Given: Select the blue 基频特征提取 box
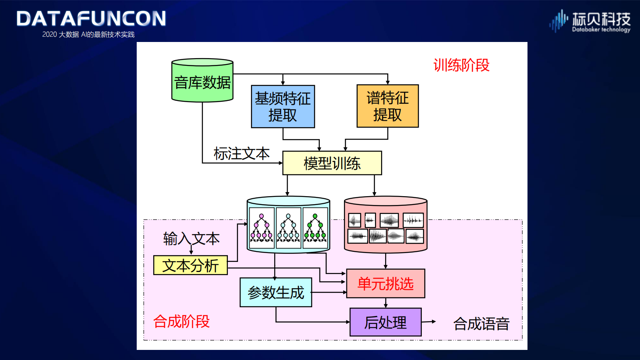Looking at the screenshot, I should [283, 107].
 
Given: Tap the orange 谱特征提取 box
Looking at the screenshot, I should [388, 106].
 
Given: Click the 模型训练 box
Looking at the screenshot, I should [332, 163].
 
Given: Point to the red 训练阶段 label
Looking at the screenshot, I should [461, 65].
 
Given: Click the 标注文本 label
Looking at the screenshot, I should [241, 154].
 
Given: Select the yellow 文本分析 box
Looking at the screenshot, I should [190, 265].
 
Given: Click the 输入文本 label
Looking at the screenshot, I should [191, 239].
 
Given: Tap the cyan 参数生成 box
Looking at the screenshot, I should [276, 292].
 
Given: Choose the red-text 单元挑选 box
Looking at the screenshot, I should [386, 284].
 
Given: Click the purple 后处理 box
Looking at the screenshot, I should [386, 322].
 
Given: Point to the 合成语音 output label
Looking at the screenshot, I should [481, 324].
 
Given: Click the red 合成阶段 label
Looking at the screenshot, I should [181, 322].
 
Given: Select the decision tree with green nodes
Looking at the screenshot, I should [315, 228].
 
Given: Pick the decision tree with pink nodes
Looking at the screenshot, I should [261, 228].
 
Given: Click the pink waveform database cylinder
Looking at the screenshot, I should [386, 224].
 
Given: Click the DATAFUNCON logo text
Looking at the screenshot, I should [91, 19].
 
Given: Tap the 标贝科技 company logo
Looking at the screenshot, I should [590, 21].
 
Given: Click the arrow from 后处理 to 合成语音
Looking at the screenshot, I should [429, 322].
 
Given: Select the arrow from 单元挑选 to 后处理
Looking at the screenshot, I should [386, 303].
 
